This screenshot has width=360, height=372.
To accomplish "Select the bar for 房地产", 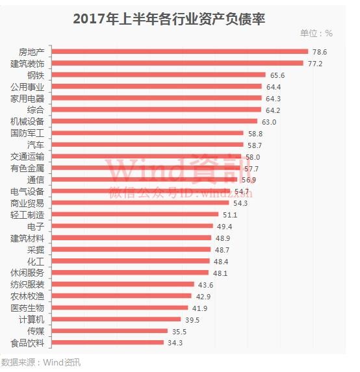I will click(x=179, y=51).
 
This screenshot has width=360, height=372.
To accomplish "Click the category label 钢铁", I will click(x=36, y=75).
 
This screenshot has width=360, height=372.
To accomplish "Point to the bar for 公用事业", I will click(x=156, y=86).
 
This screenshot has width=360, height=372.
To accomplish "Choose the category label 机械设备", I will click(x=28, y=121).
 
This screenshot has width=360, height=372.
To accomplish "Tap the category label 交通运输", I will click(x=28, y=156).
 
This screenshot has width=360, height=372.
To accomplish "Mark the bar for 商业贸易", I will click(x=140, y=203).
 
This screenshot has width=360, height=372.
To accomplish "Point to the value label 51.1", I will click(x=231, y=215).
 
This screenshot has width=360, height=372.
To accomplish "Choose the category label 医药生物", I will click(x=28, y=308).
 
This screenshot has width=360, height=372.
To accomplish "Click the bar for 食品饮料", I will click(x=108, y=343).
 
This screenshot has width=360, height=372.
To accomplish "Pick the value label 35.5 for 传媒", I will click(x=180, y=331).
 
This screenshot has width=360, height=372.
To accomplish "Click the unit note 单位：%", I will click(x=316, y=34).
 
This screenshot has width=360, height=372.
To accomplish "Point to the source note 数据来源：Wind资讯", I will click(x=41, y=362).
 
